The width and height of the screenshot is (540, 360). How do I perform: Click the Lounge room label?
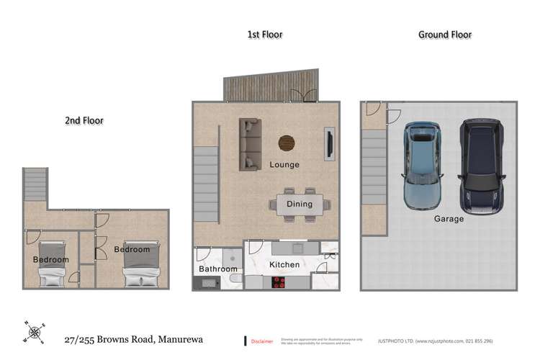pyautogui.click(x=284, y=165)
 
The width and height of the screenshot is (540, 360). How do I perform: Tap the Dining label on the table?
pyautogui.click(x=300, y=204)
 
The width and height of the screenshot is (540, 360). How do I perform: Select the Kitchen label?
pyautogui.click(x=284, y=264)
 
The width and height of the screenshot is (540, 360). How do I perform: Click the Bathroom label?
pyautogui.click(x=217, y=269)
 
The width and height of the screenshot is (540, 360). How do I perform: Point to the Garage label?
pyautogui.click(x=449, y=219)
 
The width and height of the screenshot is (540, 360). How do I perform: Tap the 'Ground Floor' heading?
pyautogui.click(x=444, y=35)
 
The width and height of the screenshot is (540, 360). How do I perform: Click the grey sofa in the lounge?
pyautogui.click(x=250, y=145)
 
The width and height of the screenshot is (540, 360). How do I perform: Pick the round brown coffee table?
pyautogui.click(x=287, y=143)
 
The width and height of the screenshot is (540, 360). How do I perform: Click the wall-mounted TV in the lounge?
pyautogui.click(x=329, y=143)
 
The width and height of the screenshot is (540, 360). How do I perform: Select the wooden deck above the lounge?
pyautogui.click(x=270, y=89)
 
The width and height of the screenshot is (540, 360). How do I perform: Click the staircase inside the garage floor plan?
pyautogui.click(x=374, y=177)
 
